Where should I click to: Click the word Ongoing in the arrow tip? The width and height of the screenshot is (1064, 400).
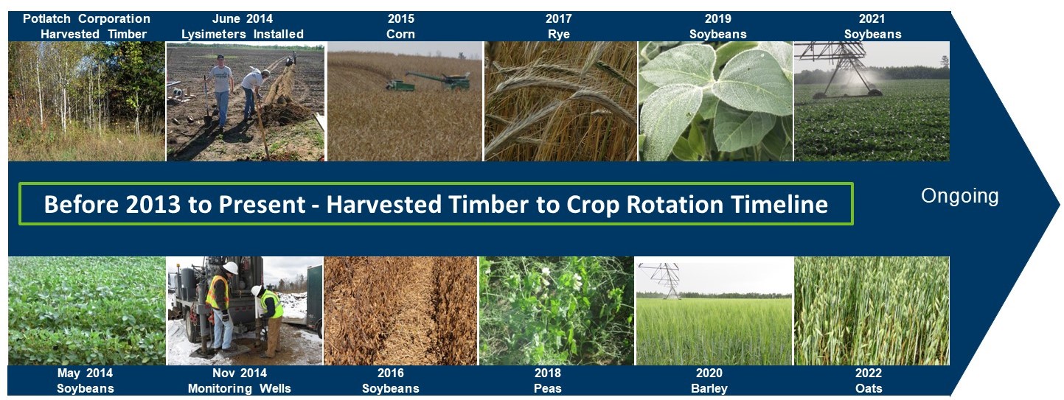(959, 197)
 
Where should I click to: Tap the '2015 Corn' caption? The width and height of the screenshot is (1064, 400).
(401, 26)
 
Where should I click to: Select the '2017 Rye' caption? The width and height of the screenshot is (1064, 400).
(559, 26)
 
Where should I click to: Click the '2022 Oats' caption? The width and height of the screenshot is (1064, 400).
(869, 381)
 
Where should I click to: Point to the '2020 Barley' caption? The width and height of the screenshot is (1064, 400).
(709, 381)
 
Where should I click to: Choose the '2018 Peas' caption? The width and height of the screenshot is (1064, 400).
(548, 381)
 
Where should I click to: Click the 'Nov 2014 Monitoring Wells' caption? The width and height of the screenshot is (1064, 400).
(240, 381)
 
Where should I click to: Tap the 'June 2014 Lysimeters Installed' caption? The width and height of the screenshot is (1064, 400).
(243, 26)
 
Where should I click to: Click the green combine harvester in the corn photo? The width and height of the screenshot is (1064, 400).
(428, 81)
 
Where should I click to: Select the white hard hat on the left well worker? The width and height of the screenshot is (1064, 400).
(231, 267)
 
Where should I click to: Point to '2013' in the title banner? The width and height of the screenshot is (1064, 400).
(153, 205)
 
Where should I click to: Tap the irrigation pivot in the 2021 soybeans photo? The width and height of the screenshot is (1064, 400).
(838, 69)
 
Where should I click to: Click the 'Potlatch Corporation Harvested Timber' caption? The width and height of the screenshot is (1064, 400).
(86, 26)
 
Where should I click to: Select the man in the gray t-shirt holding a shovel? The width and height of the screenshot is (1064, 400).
(220, 90)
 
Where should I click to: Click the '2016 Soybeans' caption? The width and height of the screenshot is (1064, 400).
(391, 381)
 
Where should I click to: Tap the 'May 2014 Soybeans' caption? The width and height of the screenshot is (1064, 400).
(86, 381)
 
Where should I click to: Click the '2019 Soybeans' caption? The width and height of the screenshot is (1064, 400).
(717, 26)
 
